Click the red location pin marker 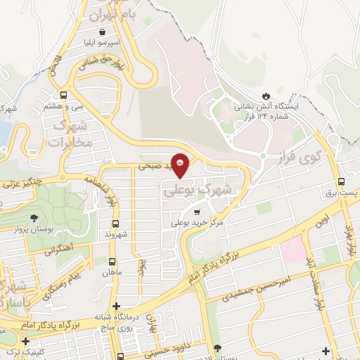pos(181,164)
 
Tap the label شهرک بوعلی pos(196,188)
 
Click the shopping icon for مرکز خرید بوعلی pos(198,211)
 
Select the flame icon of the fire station pos(266,96)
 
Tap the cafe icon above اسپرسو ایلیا pos(103,32)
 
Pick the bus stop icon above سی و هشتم pos(64,95)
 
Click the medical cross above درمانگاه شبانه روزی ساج pos(116,305)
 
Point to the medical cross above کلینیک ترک pos(25,341)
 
